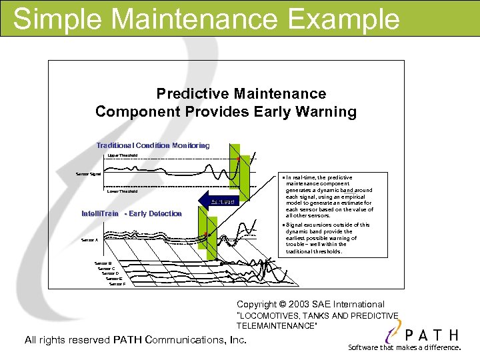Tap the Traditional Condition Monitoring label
tap(153, 145)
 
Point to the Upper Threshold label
tap(123, 155)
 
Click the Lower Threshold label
tap(123, 191)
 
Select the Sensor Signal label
tap(88, 174)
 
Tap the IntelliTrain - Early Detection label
tap(131, 214)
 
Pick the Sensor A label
tap(89, 239)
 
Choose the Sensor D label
tap(110, 273)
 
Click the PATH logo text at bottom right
tap(433, 335)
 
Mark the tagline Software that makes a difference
tap(404, 347)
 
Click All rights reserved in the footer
tap(67, 340)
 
